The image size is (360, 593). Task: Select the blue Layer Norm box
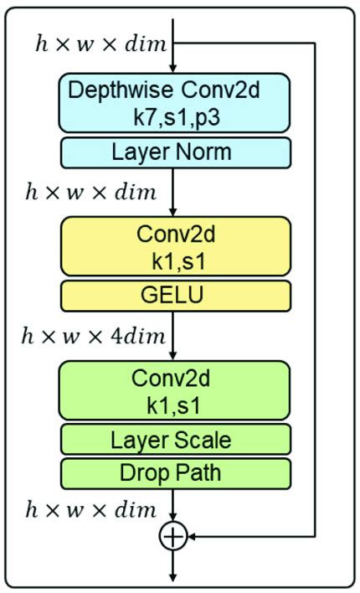click(173, 152)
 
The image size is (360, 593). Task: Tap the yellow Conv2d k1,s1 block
click(173, 246)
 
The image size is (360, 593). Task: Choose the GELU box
click(173, 296)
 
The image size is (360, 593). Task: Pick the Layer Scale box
click(173, 439)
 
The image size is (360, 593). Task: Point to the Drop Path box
click(173, 472)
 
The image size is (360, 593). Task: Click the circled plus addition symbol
click(172, 537)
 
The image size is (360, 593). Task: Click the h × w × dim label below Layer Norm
click(90, 193)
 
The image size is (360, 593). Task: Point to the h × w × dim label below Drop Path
click(90, 509)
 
